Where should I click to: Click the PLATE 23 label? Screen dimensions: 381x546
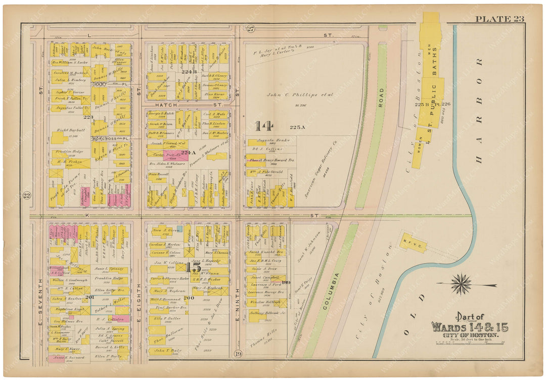[x=499, y=19]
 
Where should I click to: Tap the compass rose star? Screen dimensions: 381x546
[x=461, y=284]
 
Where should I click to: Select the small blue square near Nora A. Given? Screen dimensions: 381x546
[x=179, y=229]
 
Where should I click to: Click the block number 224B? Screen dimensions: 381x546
[x=188, y=72]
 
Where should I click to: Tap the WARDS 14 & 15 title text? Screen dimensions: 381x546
[x=469, y=327]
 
